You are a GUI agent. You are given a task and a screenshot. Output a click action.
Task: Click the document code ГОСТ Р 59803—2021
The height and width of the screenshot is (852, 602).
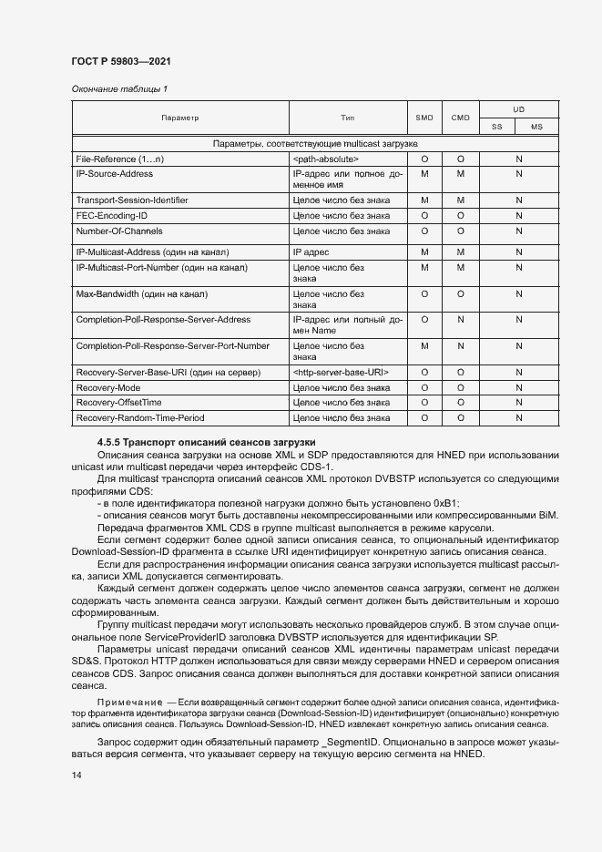[120, 62]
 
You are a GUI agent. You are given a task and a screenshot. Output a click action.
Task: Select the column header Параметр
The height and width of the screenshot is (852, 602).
[179, 118]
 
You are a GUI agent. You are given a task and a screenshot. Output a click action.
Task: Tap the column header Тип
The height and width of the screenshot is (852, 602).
[347, 118]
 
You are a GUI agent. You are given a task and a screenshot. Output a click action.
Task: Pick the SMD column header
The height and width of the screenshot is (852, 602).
[424, 118]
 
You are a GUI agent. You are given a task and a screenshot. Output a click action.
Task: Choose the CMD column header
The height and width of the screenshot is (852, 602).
[460, 118]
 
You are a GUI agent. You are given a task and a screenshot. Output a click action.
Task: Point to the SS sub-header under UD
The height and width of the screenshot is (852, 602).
[496, 127]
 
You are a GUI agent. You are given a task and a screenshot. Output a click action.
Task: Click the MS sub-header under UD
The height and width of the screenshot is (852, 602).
[536, 127]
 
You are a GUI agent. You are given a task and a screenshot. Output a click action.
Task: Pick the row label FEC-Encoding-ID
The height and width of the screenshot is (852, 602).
[112, 215]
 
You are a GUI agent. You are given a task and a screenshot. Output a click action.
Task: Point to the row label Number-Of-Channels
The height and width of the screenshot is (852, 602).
[121, 231]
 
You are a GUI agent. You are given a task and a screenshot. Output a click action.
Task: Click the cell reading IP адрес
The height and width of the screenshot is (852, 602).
[311, 251]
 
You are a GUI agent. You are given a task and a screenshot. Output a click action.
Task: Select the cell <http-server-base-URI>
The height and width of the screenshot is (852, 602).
[341, 373]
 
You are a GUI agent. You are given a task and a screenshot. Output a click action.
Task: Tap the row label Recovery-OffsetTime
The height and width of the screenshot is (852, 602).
[118, 403]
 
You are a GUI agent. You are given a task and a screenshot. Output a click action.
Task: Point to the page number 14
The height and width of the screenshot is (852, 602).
[76, 775]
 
